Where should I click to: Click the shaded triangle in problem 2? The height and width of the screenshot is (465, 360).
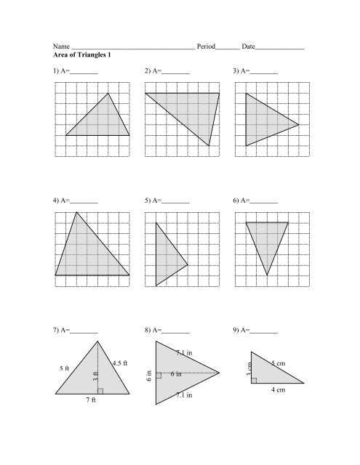tap(193, 110)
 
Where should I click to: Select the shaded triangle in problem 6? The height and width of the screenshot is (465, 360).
tap(266, 240)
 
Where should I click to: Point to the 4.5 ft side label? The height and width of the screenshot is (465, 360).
tap(120, 363)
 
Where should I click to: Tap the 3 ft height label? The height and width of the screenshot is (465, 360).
tap(95, 376)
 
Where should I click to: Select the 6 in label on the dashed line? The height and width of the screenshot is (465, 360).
tap(176, 374)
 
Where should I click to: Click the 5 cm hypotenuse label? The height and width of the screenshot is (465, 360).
tap(278, 362)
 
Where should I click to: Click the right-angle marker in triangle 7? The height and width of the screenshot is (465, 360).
tap(100, 391)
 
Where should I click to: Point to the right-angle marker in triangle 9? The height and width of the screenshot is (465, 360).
tap(255, 379)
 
